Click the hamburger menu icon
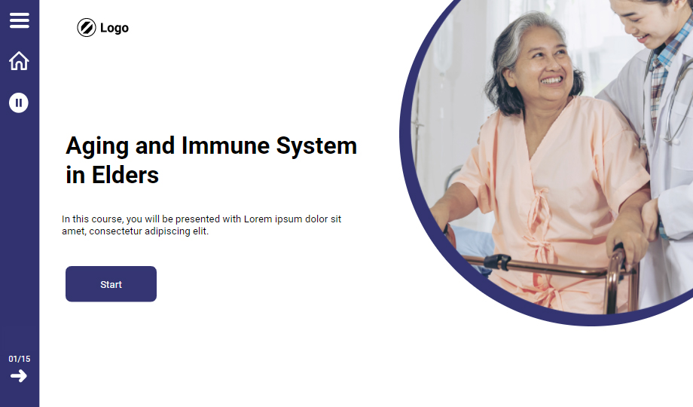[x=20, y=20]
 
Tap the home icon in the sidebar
[x=19, y=60]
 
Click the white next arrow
[x=19, y=376]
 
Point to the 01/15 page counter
[x=20, y=359]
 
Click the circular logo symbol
[x=86, y=27]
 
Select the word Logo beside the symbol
[x=114, y=28]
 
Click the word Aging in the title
[x=97, y=146]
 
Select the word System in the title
[x=316, y=146]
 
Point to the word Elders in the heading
[x=125, y=175]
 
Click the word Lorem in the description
[x=258, y=219]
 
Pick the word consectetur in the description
[x=116, y=231]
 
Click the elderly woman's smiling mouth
[x=552, y=80]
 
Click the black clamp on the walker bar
[x=498, y=262]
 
